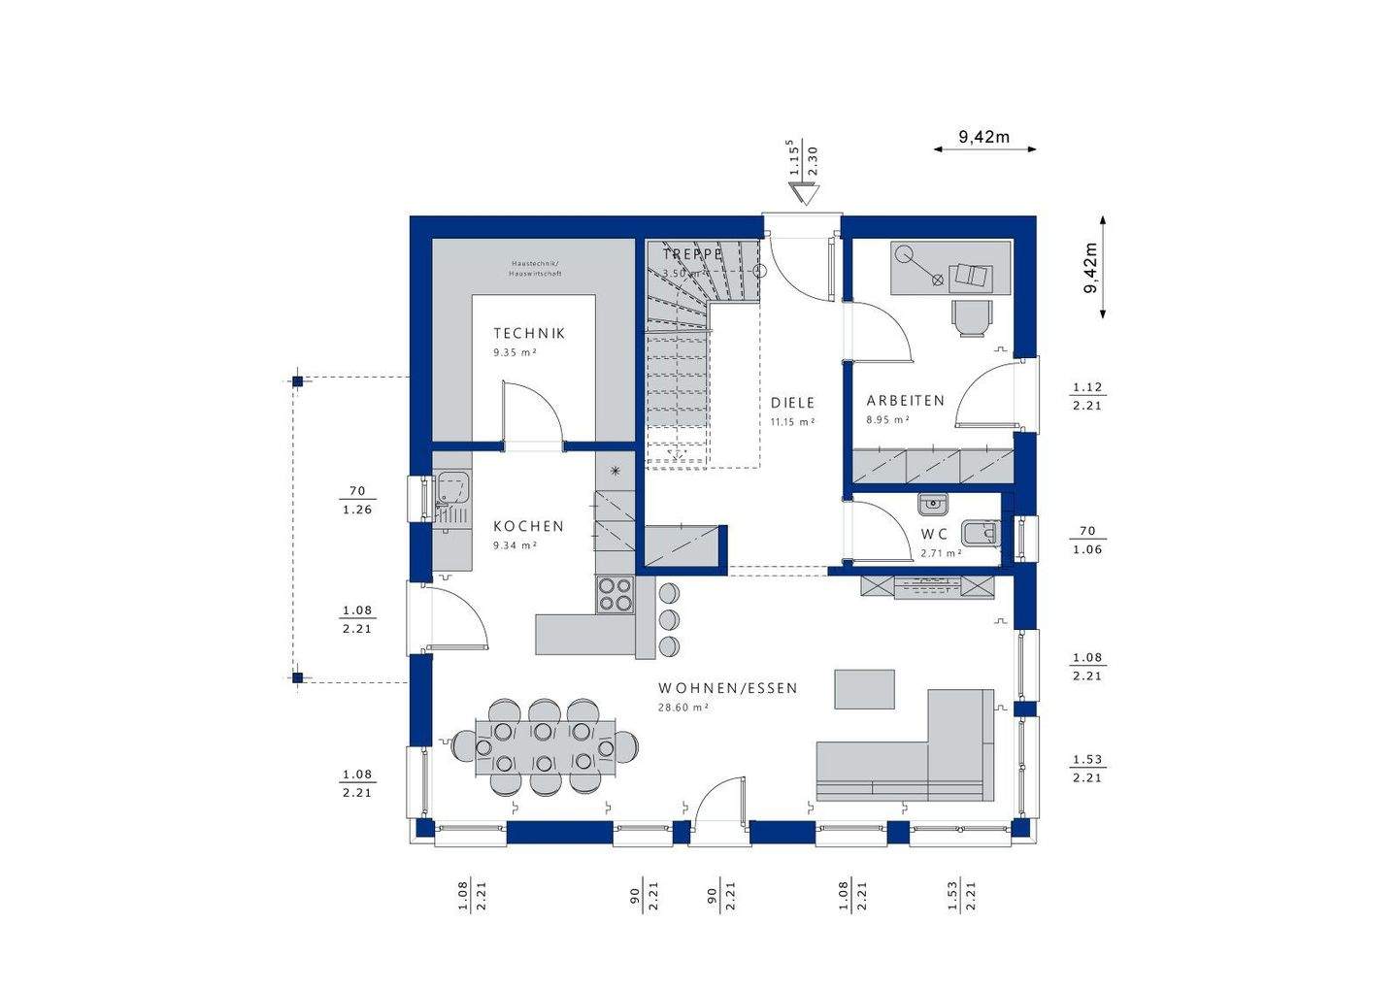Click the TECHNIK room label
click(x=528, y=333)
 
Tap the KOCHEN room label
click(x=528, y=526)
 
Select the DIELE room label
click(x=792, y=403)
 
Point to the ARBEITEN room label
click(x=905, y=400)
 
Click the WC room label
click(x=934, y=534)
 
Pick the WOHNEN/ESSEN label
click(x=727, y=688)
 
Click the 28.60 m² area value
click(x=682, y=708)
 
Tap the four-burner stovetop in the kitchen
click(x=614, y=594)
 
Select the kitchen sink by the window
click(x=451, y=488)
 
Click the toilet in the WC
click(x=979, y=533)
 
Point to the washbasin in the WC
click(x=932, y=503)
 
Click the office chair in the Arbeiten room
click(x=973, y=316)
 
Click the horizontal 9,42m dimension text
click(x=984, y=137)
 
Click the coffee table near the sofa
click(x=864, y=689)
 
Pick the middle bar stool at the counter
click(x=669, y=618)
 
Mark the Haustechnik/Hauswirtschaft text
click(x=535, y=269)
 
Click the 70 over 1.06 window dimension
click(x=1087, y=541)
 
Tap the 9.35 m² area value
click(x=515, y=353)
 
